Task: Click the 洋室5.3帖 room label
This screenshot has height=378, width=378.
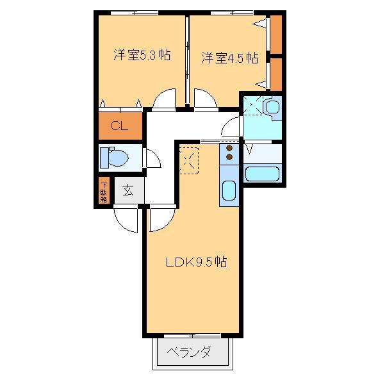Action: [x=142, y=56]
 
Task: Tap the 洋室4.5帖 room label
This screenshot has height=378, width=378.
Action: [x=229, y=58]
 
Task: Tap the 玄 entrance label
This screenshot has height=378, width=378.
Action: [x=127, y=190]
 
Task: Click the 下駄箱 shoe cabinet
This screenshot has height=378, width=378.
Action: [x=103, y=192]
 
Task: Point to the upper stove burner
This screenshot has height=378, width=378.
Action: [x=229, y=149]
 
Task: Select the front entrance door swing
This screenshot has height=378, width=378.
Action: [x=126, y=219]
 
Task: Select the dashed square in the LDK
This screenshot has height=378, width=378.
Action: [x=190, y=160]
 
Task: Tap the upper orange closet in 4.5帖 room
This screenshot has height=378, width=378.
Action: [x=276, y=34]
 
